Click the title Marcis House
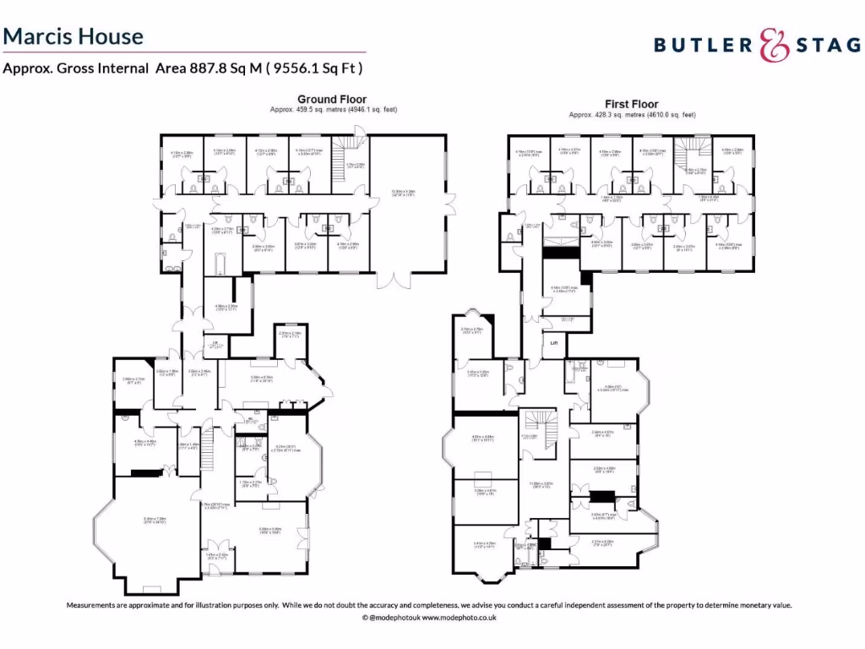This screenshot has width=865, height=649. pos(73,36)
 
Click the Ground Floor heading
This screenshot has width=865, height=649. pos(332,100)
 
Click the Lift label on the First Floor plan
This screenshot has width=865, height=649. pos(555,343)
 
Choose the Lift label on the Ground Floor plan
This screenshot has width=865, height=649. pos(216,341)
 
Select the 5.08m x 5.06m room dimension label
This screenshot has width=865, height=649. pos(269,530)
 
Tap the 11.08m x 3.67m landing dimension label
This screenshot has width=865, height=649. pos(541,483)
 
